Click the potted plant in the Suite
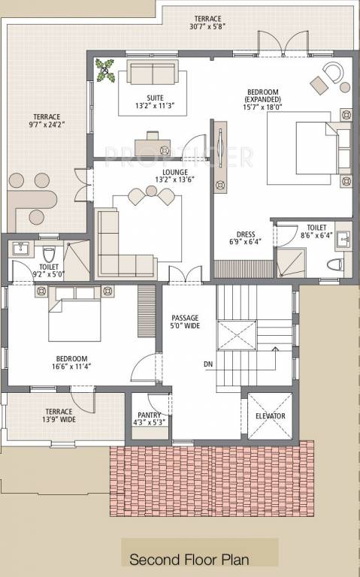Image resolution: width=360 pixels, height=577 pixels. pyautogui.click(x=105, y=71)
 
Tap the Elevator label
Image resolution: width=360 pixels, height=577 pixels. pyautogui.click(x=270, y=415)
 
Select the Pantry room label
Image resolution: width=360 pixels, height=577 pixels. pyautogui.click(x=149, y=415)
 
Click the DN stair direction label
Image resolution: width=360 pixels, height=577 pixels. pyautogui.click(x=208, y=364)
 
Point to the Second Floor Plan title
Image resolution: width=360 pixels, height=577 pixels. pyautogui.click(x=189, y=560)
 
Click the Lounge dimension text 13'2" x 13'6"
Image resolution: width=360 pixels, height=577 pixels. pyautogui.click(x=175, y=180)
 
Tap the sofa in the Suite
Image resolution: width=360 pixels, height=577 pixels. pyautogui.click(x=153, y=72)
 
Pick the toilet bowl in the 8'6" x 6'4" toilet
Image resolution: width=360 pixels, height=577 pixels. pyautogui.click(x=335, y=264)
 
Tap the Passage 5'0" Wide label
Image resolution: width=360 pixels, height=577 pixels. pyautogui.click(x=185, y=322)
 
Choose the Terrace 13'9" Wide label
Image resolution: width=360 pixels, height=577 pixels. pyautogui.click(x=59, y=415)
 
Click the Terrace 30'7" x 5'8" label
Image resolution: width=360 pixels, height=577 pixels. pyautogui.click(x=207, y=22)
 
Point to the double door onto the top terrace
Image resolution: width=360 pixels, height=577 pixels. pyautogui.click(x=283, y=44)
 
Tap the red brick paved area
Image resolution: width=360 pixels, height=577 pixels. pyautogui.click(x=212, y=479)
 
